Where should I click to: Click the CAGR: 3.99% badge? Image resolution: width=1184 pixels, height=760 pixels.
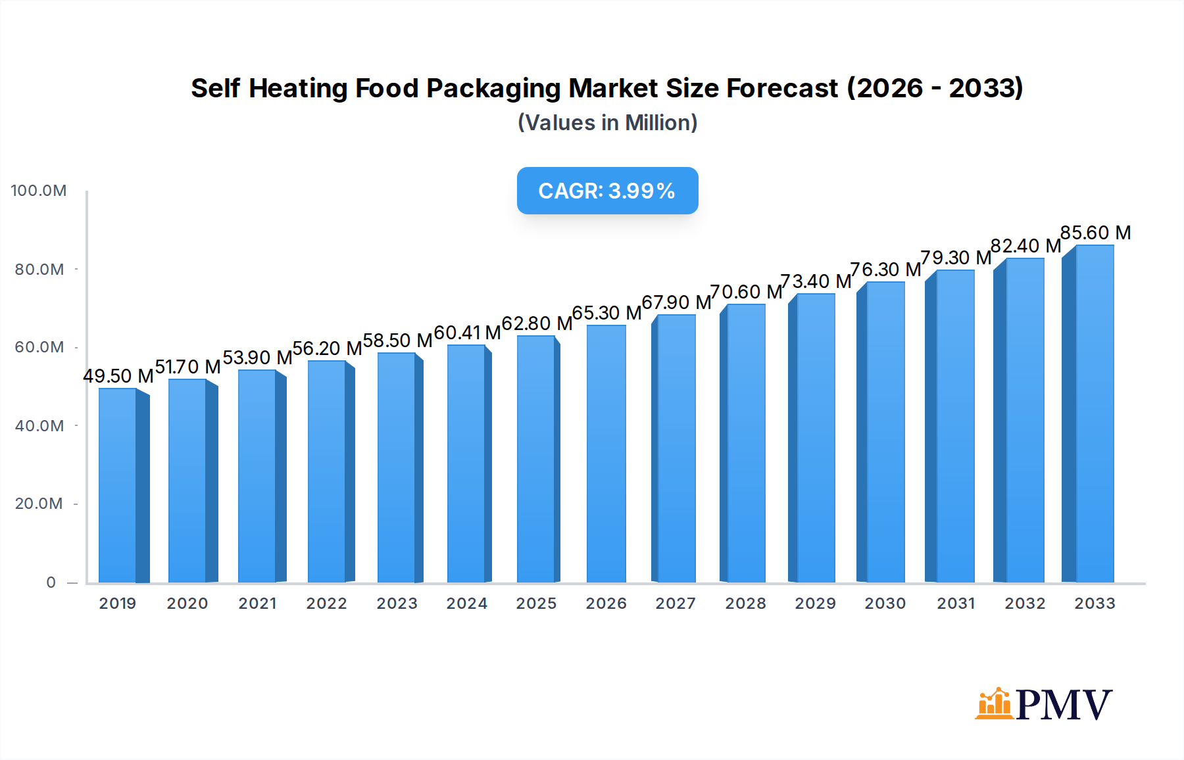point(607,191)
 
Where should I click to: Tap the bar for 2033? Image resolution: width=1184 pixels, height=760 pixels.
point(1093,414)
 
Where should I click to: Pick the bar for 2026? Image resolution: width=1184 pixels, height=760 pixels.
point(606,454)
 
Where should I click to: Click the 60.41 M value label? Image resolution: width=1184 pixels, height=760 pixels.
point(467,333)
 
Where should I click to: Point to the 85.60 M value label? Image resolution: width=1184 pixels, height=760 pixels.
point(1095,233)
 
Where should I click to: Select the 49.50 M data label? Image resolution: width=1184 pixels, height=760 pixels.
point(118,376)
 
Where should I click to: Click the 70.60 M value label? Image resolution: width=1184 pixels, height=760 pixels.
point(746,292)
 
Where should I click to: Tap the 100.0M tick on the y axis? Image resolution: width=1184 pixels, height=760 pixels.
point(39,191)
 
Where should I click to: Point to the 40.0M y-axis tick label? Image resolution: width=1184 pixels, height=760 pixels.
point(39,426)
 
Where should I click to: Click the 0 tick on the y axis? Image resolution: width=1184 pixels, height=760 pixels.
point(51,582)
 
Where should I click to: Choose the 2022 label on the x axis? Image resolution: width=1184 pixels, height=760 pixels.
point(326,604)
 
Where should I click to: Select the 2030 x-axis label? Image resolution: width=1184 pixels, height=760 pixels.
point(885,604)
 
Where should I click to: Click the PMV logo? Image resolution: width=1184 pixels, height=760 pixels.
point(1044,704)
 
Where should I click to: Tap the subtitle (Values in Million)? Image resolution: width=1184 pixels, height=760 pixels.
point(607,123)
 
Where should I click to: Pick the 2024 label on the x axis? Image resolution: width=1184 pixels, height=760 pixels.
point(466,604)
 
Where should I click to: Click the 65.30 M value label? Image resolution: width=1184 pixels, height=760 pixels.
point(606,313)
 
